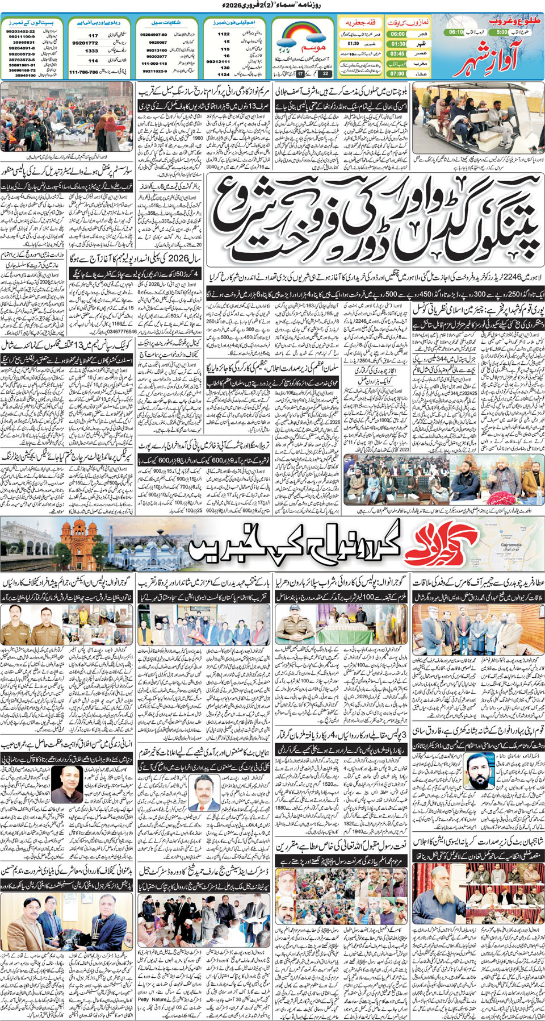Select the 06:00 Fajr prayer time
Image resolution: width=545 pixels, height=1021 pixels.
click(x=397, y=34)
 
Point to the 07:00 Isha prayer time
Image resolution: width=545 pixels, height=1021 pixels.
click(x=397, y=73)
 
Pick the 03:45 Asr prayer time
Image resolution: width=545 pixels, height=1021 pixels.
click(x=397, y=53)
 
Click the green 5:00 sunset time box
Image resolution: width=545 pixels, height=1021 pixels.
click(x=501, y=33)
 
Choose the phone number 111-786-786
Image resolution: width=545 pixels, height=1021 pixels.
click(x=84, y=72)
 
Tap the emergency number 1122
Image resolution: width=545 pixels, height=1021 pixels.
click(x=224, y=34)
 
